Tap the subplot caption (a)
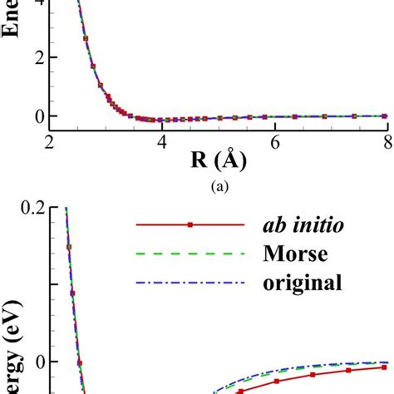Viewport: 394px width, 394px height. [219, 186]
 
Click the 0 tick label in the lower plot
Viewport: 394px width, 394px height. [42, 362]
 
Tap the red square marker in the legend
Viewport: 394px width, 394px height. [190, 225]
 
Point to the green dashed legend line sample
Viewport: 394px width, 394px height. [190, 254]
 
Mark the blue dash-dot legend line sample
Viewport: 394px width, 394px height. [190, 283]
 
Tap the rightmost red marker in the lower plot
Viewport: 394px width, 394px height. [384, 367]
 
